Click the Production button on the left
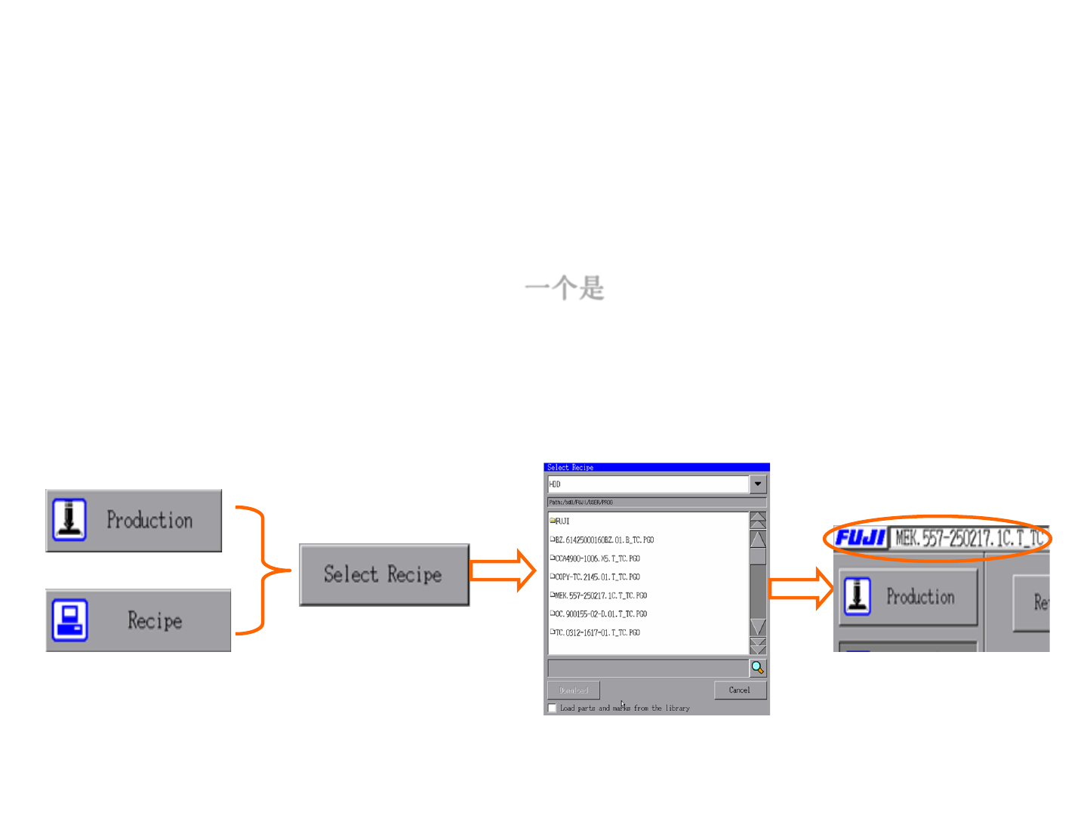pos(134,521)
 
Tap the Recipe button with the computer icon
pos(138,620)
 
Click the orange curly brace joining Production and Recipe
pos(263,570)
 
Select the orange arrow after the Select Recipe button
pos(502,570)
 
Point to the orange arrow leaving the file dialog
pos(801,589)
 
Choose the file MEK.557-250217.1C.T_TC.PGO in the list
pos(600,595)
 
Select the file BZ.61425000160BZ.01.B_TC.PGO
pos(604,540)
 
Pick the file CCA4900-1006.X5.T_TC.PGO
pos(596,558)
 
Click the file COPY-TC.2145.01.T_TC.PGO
pos(596,577)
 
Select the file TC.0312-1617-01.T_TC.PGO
pos(596,632)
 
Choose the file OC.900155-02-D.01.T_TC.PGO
pos(600,614)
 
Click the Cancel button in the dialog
pos(740,690)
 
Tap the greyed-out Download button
pos(574,690)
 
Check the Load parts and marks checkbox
pos(553,708)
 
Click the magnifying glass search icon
pos(757,668)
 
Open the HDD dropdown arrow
pos(758,484)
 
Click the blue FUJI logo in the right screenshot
pos(861,538)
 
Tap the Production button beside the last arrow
pos(908,597)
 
